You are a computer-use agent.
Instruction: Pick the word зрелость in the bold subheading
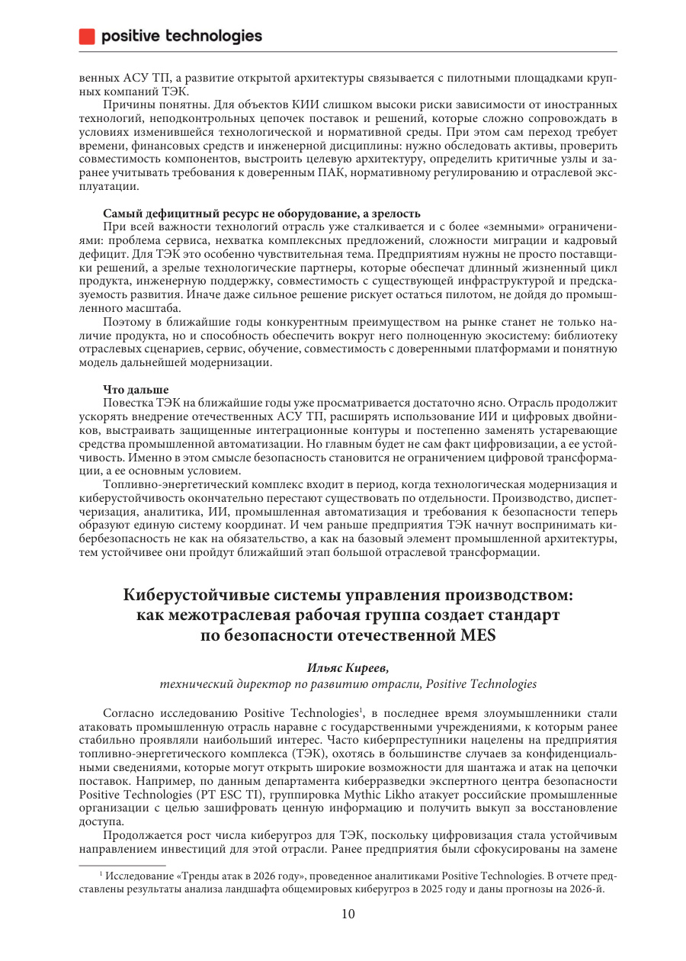click(x=395, y=213)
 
